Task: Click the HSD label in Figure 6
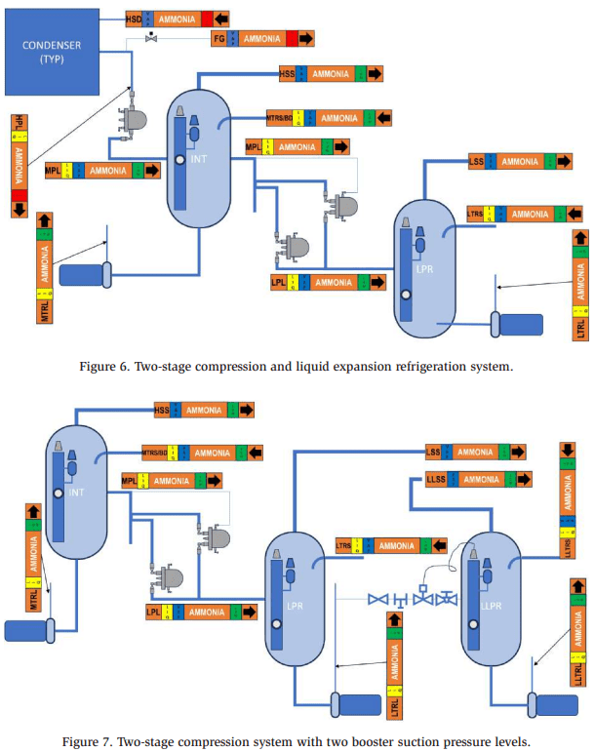click(x=134, y=19)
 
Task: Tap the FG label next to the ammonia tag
click(x=219, y=38)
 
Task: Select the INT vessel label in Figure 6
click(x=199, y=161)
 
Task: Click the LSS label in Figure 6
click(x=476, y=161)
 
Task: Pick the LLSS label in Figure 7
click(x=437, y=479)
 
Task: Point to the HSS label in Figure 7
click(x=162, y=410)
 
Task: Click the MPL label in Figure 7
click(x=129, y=481)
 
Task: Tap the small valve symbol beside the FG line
click(x=151, y=37)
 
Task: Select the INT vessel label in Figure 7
click(x=76, y=493)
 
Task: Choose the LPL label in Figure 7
click(x=153, y=613)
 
